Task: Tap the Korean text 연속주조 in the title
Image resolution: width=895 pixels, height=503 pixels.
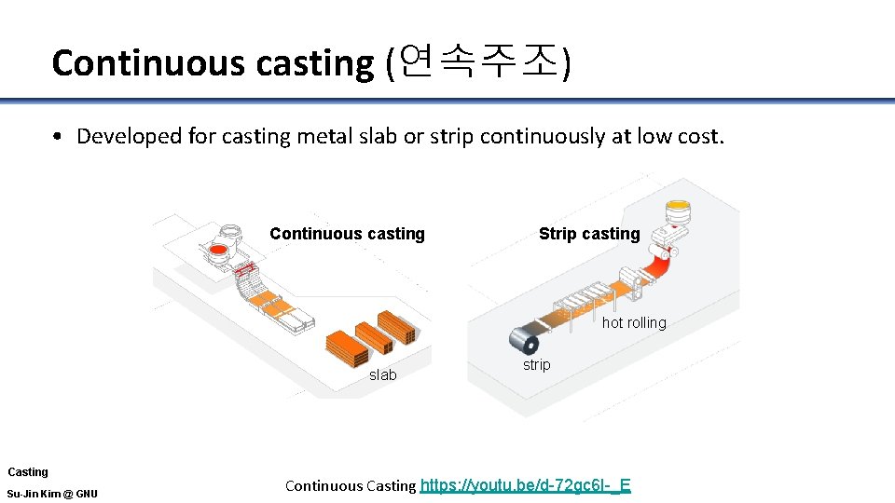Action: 477,62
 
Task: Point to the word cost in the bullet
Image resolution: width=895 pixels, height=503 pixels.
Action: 696,136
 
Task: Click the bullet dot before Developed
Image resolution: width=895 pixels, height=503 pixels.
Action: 58,137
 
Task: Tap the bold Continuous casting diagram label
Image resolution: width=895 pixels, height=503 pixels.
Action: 347,234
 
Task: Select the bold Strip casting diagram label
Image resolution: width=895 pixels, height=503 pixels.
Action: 589,234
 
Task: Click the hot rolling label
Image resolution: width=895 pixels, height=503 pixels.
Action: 634,322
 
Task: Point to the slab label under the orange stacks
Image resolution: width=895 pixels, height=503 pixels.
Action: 382,374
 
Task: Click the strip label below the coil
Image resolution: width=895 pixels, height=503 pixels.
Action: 536,364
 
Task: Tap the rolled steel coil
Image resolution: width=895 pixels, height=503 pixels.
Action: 523,336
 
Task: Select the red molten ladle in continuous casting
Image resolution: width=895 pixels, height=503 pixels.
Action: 219,251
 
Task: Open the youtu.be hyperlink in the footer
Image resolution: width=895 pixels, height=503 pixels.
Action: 526,484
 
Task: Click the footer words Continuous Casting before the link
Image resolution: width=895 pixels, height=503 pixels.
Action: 350,485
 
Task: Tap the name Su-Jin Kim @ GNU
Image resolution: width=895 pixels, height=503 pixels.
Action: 52,494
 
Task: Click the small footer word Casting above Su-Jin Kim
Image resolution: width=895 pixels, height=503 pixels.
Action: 28,472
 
